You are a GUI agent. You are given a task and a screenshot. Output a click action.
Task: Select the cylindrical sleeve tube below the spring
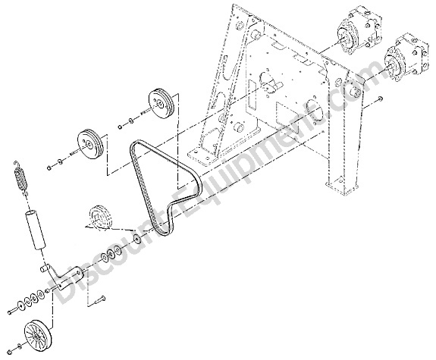(36, 231)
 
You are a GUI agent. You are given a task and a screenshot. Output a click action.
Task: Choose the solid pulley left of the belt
(89, 145)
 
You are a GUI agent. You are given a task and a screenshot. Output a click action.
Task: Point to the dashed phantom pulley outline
(100, 218)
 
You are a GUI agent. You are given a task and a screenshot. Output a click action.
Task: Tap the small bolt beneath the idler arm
(101, 299)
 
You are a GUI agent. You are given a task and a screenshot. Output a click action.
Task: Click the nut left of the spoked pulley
(11, 351)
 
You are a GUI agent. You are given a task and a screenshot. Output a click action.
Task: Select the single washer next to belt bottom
(136, 239)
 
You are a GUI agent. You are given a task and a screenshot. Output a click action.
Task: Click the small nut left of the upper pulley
(120, 127)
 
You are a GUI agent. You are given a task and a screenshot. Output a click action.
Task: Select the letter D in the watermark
(63, 289)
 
